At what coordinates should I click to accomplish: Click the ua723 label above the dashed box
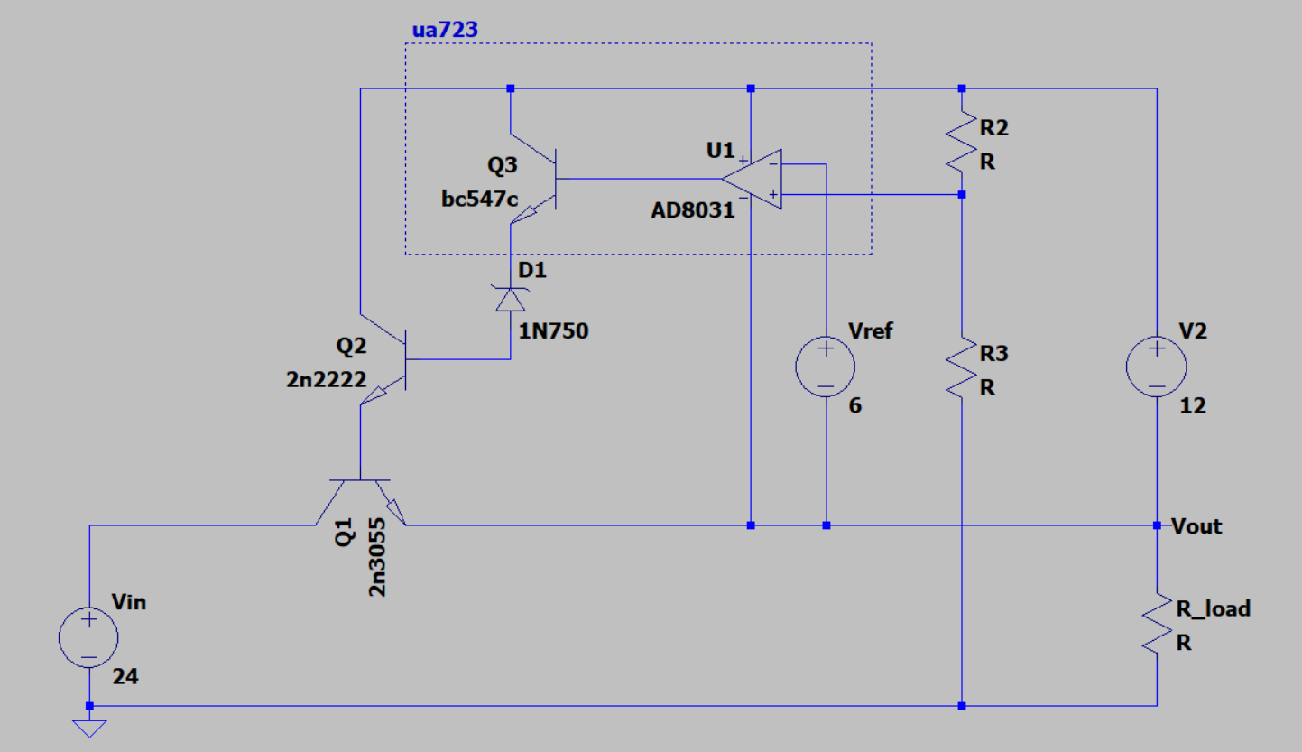[x=445, y=29]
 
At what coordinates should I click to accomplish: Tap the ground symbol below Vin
[x=89, y=729]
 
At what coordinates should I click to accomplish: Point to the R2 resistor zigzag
[x=962, y=142]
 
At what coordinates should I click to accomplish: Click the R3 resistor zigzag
[x=962, y=367]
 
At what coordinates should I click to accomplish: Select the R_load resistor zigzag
[x=1157, y=624]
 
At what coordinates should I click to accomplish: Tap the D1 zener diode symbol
[x=511, y=299]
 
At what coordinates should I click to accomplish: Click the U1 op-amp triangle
[x=752, y=179]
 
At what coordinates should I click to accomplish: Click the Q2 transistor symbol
[x=383, y=359]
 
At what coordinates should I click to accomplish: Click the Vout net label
[x=1196, y=526]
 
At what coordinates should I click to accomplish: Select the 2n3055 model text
[x=376, y=557]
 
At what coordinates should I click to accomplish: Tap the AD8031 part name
[x=693, y=210]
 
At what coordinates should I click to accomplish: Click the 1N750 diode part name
[x=553, y=331]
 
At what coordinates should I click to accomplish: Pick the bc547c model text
[x=479, y=199]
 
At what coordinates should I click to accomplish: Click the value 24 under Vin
[x=125, y=676]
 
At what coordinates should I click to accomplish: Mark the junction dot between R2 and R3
[x=962, y=195]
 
